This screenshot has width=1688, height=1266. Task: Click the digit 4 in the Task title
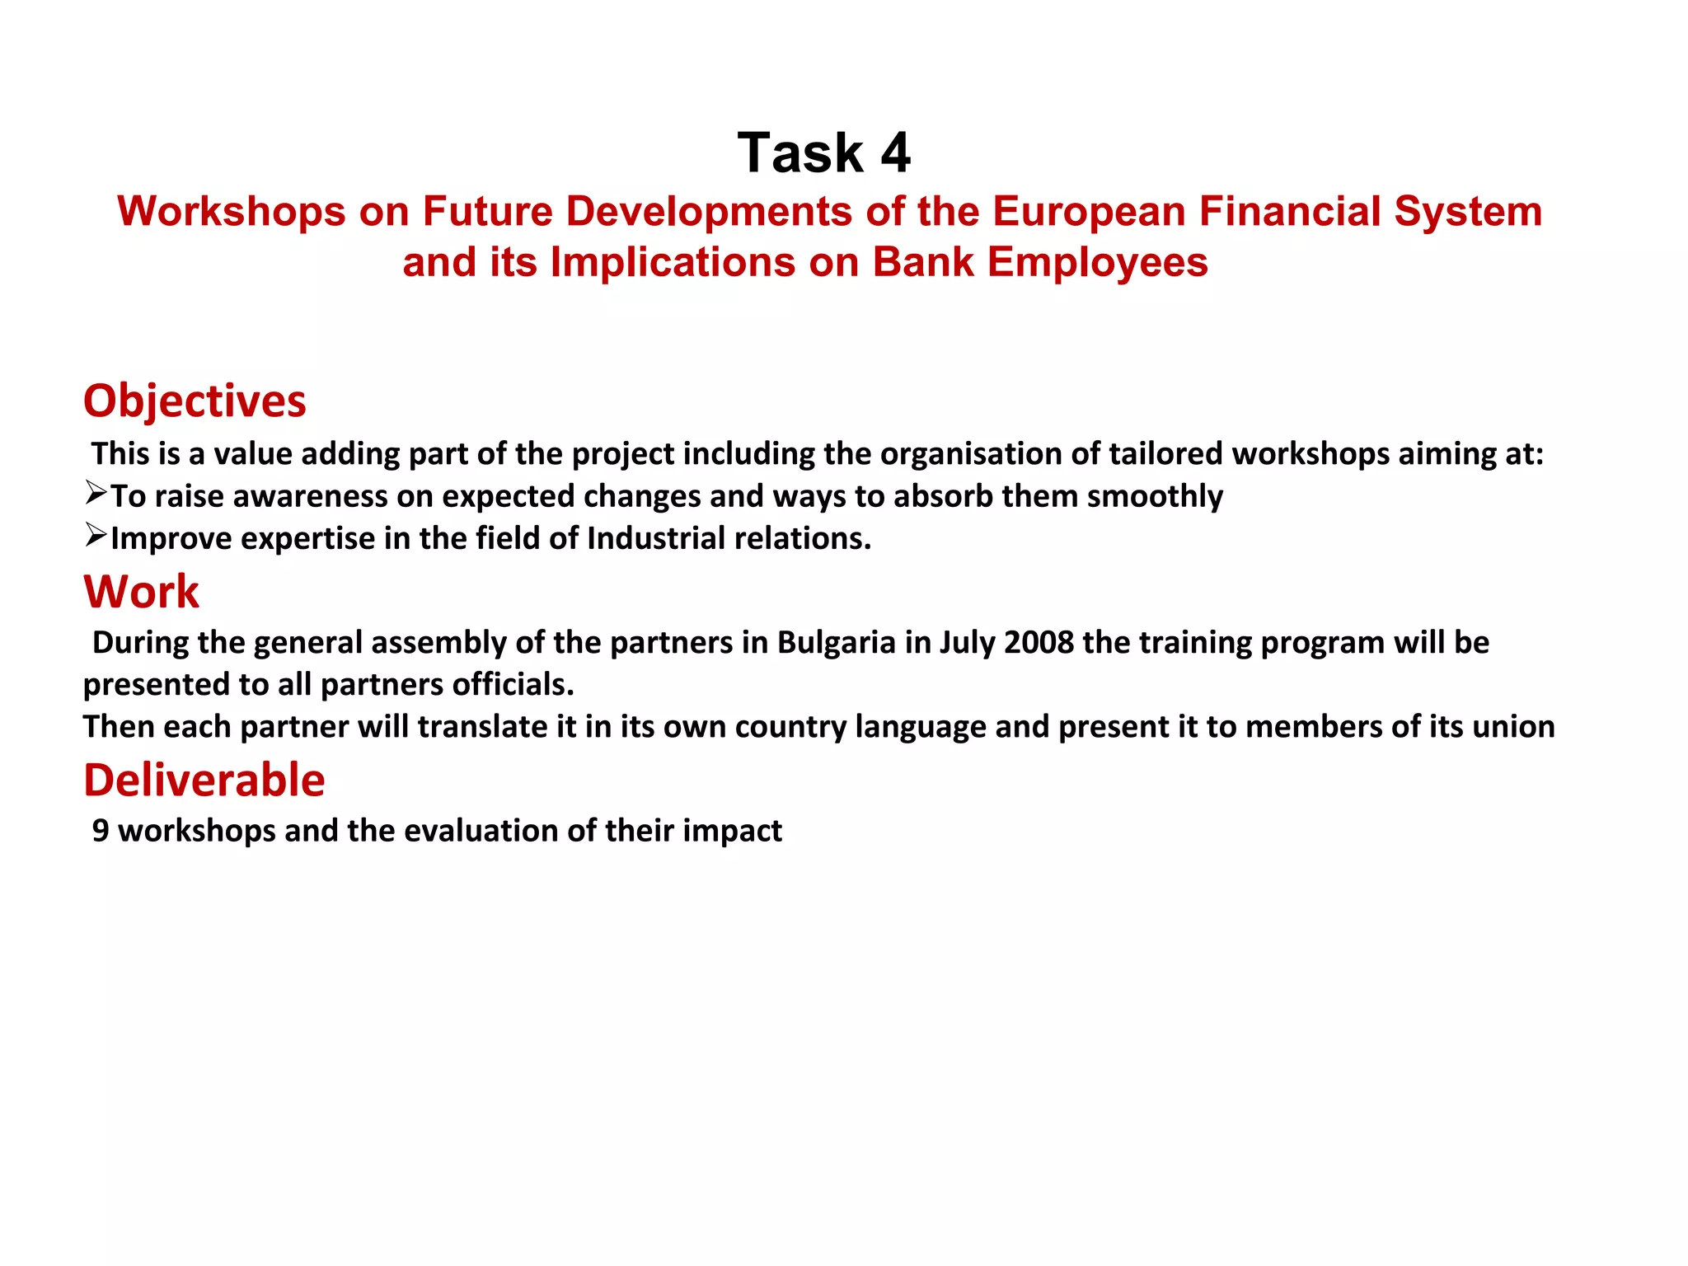(x=895, y=153)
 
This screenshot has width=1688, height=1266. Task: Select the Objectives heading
(x=195, y=401)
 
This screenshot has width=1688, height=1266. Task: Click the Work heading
(x=141, y=592)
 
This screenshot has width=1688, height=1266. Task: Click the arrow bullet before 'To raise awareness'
(x=96, y=494)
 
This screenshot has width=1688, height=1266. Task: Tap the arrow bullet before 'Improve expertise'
(x=96, y=536)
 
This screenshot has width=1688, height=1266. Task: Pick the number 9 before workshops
(x=101, y=831)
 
